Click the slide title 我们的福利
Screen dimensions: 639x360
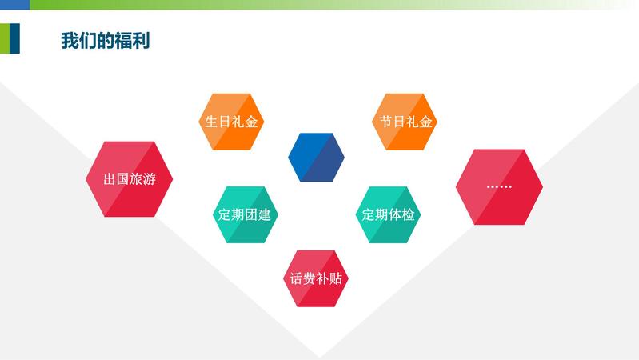click(106, 41)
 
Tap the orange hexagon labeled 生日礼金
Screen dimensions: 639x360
click(231, 122)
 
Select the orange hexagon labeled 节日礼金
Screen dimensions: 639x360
click(404, 122)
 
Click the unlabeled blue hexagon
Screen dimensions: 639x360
click(316, 157)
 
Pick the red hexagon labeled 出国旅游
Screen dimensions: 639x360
click(130, 179)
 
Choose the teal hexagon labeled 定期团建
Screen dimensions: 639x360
click(245, 214)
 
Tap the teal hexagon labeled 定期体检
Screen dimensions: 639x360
click(388, 214)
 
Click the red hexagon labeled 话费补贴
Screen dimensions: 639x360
click(316, 278)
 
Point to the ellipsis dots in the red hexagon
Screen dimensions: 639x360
click(499, 186)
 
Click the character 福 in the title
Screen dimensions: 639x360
click(123, 41)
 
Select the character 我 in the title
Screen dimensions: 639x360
click(70, 41)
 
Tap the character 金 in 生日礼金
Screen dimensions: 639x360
click(251, 122)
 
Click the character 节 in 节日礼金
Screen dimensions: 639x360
click(385, 122)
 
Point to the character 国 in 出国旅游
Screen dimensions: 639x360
click(122, 179)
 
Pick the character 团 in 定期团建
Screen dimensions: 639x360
click(251, 214)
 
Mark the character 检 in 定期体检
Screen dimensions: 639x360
click(408, 214)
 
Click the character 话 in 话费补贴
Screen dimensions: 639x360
click(296, 278)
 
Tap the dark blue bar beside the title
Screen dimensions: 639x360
click(14, 38)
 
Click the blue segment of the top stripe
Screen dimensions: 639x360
click(14, 5)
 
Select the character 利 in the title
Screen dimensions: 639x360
click(141, 41)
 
